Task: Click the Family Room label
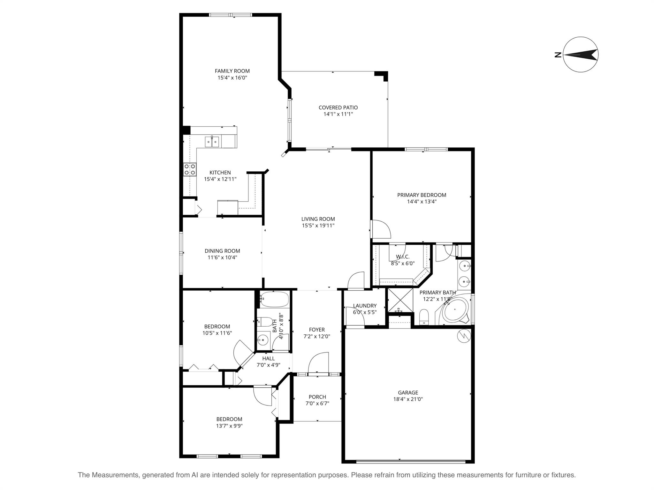(x=232, y=71)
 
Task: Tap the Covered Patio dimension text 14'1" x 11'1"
(x=338, y=114)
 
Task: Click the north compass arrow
(x=580, y=55)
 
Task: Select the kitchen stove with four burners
(x=190, y=169)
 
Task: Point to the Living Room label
(x=318, y=219)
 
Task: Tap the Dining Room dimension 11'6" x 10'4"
(x=222, y=257)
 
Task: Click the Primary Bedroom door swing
(x=382, y=229)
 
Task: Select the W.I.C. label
(x=402, y=257)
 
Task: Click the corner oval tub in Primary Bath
(x=456, y=309)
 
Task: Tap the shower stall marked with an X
(x=399, y=300)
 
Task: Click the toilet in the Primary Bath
(x=424, y=317)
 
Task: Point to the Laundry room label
(x=365, y=306)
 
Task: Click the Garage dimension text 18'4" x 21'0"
(x=408, y=399)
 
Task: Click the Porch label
(x=317, y=397)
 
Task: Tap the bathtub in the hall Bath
(x=274, y=299)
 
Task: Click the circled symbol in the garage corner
(x=464, y=336)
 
